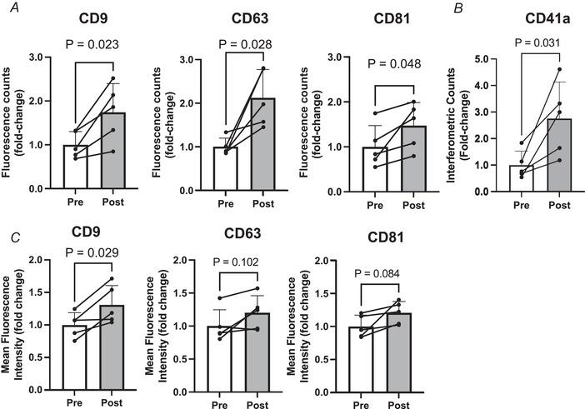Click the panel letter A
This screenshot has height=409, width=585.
pos(7,8)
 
